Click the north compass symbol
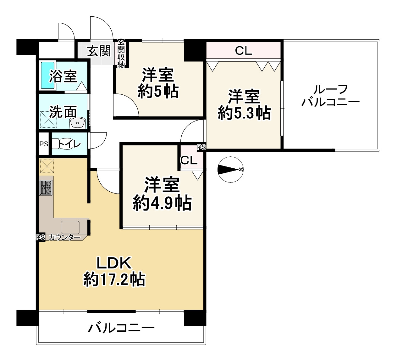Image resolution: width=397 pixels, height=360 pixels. pyautogui.click(x=230, y=169)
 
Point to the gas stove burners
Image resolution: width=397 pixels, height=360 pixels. pyautogui.click(x=46, y=187)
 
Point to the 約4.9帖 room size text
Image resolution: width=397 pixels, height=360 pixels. pyautogui.click(x=162, y=203)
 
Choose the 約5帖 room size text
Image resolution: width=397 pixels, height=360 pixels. pyautogui.click(x=158, y=92)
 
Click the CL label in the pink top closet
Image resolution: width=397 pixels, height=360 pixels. pyautogui.click(x=244, y=51)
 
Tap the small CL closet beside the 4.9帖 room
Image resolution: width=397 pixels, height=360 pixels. pyautogui.click(x=189, y=160)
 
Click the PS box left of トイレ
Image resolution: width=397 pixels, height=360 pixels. pyautogui.click(x=43, y=144)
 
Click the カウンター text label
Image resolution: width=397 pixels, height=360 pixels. pyautogui.click(x=65, y=238)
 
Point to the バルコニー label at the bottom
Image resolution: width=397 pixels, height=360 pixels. pyautogui.click(x=121, y=329)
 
